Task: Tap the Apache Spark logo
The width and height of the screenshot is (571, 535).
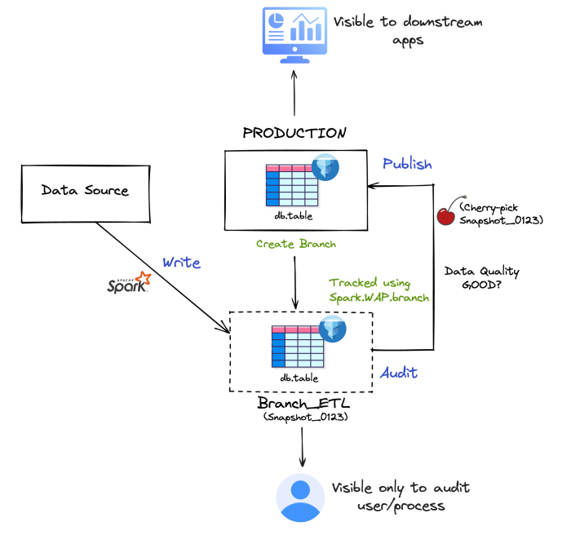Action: (x=130, y=284)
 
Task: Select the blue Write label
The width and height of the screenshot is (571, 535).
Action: (x=181, y=263)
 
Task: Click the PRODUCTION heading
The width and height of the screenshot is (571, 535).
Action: (x=294, y=133)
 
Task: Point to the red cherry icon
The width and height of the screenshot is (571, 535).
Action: (x=446, y=214)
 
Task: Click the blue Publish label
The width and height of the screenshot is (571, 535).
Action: (x=407, y=164)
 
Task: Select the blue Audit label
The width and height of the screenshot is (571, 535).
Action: (x=399, y=373)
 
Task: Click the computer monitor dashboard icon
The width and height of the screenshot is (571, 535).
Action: (x=294, y=33)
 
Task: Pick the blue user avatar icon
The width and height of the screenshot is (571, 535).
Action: (x=300, y=497)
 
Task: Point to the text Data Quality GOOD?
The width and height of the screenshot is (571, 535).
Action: (x=481, y=280)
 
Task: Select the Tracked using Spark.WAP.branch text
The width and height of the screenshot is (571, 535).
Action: (x=379, y=290)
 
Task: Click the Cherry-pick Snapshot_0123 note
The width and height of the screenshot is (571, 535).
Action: (x=499, y=214)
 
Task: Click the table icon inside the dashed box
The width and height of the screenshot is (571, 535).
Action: (x=298, y=346)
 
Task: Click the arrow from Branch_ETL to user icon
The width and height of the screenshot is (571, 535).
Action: (x=303, y=445)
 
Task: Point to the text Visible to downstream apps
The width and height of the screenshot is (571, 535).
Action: (x=407, y=31)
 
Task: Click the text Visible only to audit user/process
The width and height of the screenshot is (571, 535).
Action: (x=401, y=497)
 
